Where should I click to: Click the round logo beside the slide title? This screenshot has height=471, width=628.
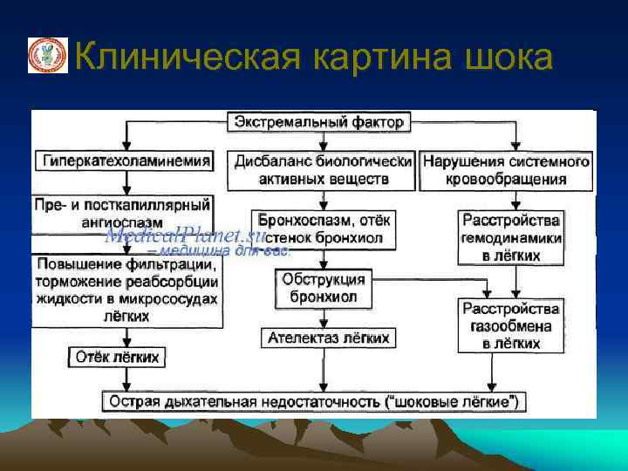[43, 56]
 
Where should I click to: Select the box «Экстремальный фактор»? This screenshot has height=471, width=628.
[318, 122]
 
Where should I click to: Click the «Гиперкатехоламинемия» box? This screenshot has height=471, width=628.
[126, 160]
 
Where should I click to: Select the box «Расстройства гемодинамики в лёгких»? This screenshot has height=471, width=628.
[512, 237]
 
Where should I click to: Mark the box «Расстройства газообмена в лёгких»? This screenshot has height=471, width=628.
[512, 325]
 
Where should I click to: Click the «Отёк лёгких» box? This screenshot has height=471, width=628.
[119, 357]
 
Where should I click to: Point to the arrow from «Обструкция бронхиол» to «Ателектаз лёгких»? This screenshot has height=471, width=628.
[324, 317]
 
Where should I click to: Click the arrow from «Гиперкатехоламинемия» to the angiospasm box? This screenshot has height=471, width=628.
[127, 182]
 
